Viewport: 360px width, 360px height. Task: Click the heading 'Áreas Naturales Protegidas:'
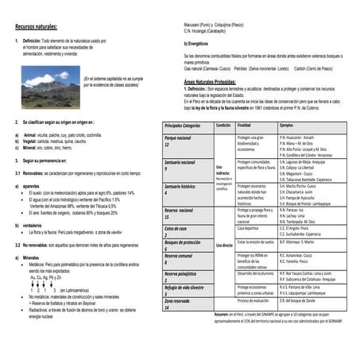[x=209, y=82]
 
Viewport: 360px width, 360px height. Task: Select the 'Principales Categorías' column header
[x=182, y=126]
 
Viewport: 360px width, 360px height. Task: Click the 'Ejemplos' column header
[x=286, y=126]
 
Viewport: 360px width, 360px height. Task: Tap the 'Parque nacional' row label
[x=178, y=138]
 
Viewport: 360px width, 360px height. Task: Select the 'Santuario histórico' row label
[x=180, y=186]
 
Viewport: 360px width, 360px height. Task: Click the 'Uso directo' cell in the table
[x=225, y=246]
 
